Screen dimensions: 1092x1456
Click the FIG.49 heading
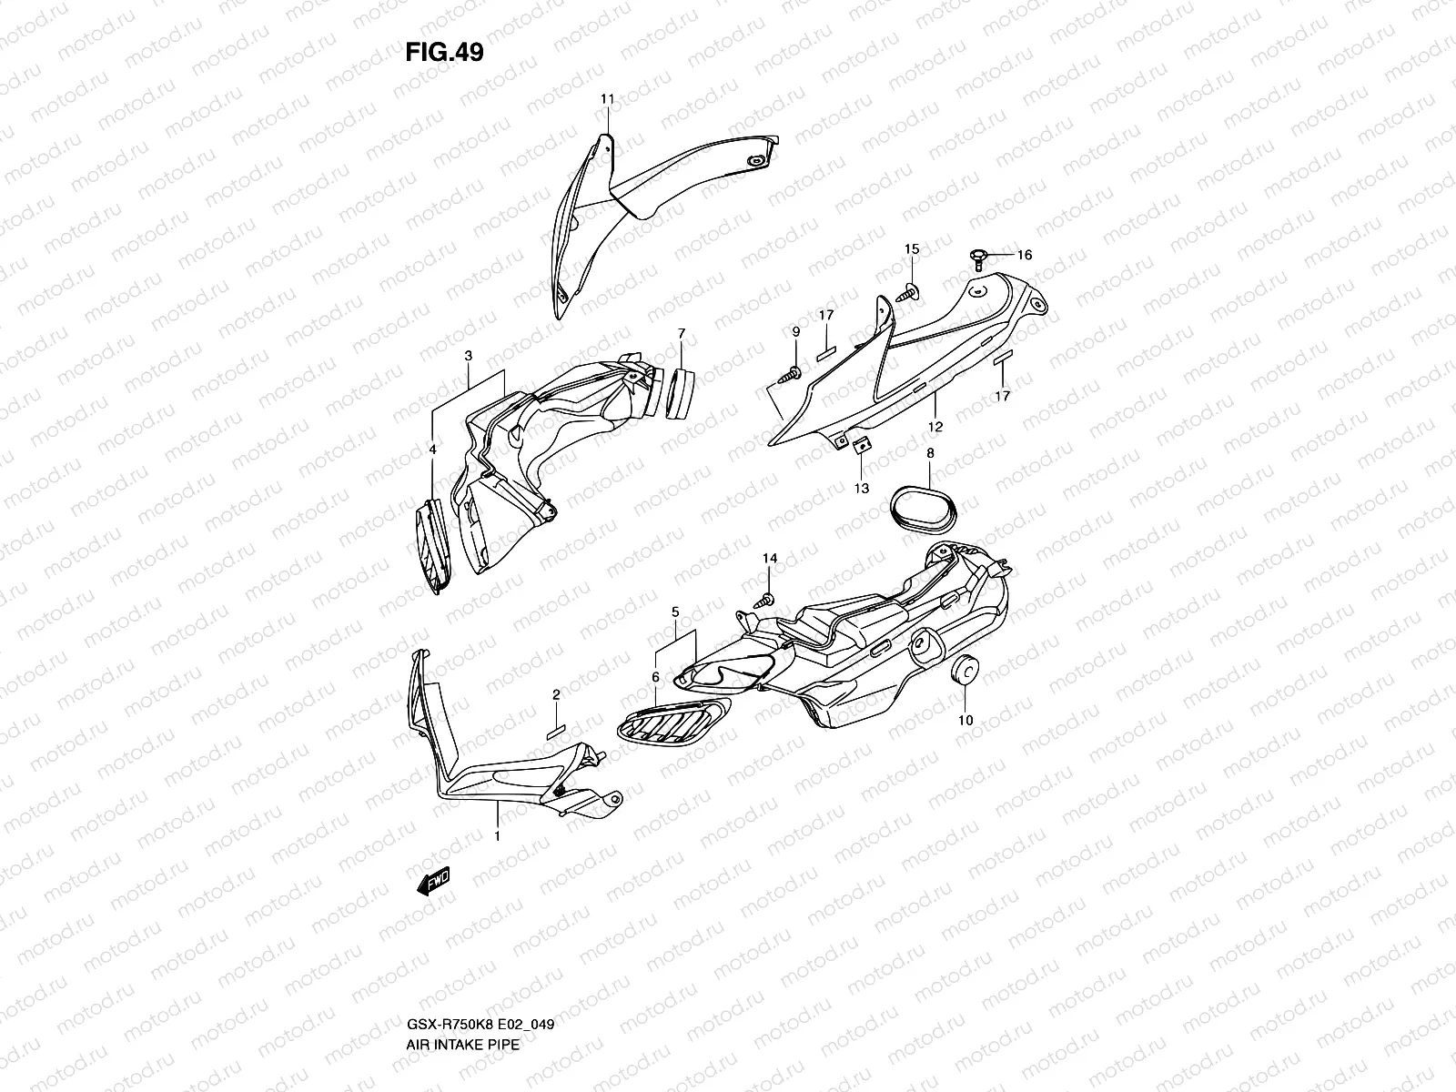click(x=444, y=53)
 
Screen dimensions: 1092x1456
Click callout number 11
click(x=607, y=98)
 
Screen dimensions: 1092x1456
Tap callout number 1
click(x=498, y=834)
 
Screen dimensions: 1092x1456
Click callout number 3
click(x=468, y=356)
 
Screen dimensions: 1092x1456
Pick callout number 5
click(x=675, y=613)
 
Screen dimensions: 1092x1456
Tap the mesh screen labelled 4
click(x=436, y=550)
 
